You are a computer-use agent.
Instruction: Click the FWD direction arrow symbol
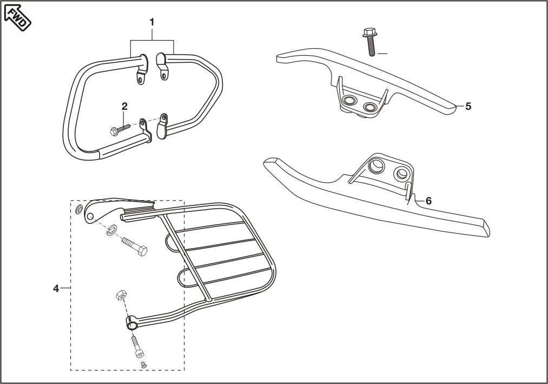[x=18, y=16]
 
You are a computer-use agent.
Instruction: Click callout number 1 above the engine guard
[x=152, y=22]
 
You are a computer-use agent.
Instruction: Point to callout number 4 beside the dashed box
[x=56, y=288]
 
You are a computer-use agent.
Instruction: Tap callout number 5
[x=468, y=106]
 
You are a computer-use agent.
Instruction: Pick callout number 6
[x=428, y=201]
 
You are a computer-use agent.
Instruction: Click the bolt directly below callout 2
[x=121, y=130]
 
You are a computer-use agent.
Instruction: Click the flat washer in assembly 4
[x=78, y=210]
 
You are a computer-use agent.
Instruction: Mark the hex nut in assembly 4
[x=121, y=295]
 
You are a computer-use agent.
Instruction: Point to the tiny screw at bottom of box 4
[x=144, y=365]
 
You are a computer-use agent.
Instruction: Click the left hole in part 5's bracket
[x=347, y=101]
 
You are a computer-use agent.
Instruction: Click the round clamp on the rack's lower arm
[x=131, y=323]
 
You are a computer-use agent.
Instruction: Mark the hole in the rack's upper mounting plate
[x=90, y=216]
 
